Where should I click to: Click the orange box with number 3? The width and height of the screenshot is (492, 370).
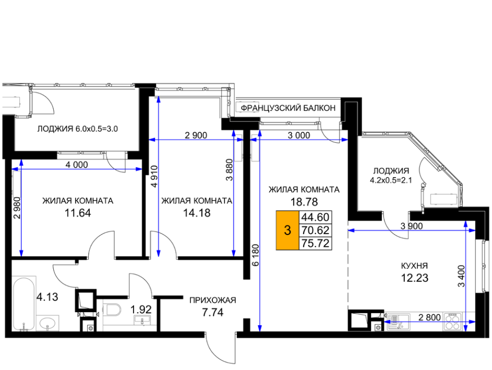[x=287, y=230]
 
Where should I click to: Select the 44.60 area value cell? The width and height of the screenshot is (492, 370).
[x=315, y=217]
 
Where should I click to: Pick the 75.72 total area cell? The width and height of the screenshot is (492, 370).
[x=315, y=243]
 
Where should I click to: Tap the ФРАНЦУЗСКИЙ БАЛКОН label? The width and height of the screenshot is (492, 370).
[x=288, y=108]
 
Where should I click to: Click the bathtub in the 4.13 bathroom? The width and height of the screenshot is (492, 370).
[x=23, y=303]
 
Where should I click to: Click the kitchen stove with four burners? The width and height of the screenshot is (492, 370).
[x=452, y=322]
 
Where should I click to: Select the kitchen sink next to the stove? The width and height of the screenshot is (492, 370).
[x=398, y=322]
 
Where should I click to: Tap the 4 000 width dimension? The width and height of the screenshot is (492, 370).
[x=77, y=165]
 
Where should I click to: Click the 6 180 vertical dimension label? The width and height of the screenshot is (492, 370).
[x=256, y=255]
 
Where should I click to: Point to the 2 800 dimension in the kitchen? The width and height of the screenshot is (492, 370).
[x=429, y=317]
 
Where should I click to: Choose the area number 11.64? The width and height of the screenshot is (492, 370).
[x=78, y=213]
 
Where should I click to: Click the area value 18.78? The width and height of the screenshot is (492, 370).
[x=304, y=202]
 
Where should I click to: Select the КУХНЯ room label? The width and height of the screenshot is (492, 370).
[x=414, y=266]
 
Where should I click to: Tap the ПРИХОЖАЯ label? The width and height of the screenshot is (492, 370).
[x=212, y=301]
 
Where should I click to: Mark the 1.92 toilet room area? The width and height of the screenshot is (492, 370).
[x=141, y=310]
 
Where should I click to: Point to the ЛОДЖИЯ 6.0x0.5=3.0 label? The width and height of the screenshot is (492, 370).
[x=78, y=129]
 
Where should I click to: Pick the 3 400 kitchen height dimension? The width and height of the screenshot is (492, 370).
[x=461, y=276]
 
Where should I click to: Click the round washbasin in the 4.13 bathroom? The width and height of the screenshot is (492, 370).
[x=47, y=323]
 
